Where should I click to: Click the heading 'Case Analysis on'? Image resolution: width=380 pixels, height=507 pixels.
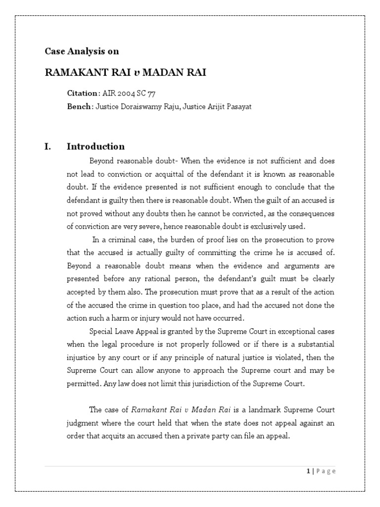coord(82,51)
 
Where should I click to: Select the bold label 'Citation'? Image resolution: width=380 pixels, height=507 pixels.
coord(83,94)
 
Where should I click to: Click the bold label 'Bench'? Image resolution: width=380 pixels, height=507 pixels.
coord(79,106)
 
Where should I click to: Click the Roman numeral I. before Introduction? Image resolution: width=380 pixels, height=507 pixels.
coord(48,146)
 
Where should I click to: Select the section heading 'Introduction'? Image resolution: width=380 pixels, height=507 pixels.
coord(95,146)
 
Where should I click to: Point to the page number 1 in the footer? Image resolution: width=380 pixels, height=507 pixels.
coord(307,471)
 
